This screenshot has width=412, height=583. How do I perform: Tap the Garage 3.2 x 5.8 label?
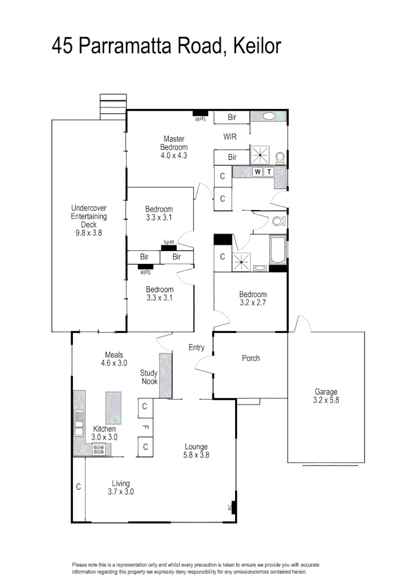tap(326, 396)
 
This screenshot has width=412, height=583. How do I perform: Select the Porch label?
tap(251, 358)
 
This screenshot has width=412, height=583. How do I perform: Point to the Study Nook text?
tap(149, 377)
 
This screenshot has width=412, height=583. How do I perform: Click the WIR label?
tap(230, 137)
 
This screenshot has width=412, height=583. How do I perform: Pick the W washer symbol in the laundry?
tap(257, 172)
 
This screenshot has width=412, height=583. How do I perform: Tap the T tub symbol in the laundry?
tap(269, 172)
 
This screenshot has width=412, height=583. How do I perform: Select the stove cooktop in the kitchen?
tap(99, 449)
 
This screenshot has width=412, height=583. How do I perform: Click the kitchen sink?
tap(79, 423)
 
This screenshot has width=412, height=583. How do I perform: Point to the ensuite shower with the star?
tap(260, 155)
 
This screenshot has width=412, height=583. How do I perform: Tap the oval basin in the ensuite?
tap(269, 117)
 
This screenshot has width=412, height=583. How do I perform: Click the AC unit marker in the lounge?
tap(234, 507)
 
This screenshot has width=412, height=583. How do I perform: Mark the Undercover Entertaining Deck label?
tap(89, 220)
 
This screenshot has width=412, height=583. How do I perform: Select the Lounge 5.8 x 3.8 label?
tap(196, 451)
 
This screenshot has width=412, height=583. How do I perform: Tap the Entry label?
tap(196, 348)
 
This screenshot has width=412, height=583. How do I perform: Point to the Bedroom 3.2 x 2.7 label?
tap(253, 299)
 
